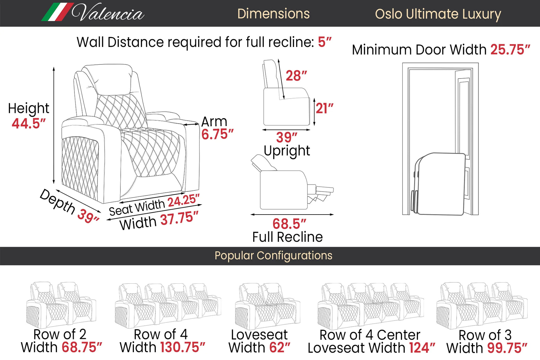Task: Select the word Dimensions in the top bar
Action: pos(273,14)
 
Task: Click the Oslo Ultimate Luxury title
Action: pos(438,14)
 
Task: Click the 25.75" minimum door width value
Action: pos(510,49)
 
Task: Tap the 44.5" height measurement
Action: pos(29,123)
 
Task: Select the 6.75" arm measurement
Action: pos(217,134)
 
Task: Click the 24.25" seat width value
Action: pos(184,200)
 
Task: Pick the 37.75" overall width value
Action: pos(180,218)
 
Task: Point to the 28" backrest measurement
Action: pos(296,76)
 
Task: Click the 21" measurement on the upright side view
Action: pos(324,108)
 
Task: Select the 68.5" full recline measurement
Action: pos(289,224)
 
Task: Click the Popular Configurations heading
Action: pos(273,256)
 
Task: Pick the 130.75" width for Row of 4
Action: pos(183,347)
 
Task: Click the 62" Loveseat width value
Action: pos(280,347)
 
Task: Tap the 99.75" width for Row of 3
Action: pos(507,348)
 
